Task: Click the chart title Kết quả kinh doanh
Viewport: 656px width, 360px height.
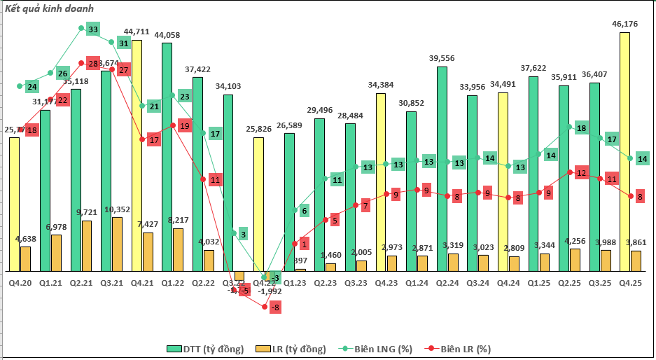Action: click(49, 8)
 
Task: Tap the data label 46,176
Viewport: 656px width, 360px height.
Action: click(624, 24)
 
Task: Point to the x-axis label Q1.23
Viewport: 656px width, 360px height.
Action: click(295, 282)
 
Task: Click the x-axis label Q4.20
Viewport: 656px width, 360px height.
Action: click(20, 282)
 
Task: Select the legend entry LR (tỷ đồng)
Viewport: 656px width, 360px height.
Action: click(291, 349)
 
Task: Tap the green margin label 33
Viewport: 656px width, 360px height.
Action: click(92, 29)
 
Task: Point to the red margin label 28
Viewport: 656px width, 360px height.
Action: click(93, 64)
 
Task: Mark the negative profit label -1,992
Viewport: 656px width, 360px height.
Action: click(269, 291)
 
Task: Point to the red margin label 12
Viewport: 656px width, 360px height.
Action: click(580, 173)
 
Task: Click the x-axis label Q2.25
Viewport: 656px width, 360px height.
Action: click(564, 282)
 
